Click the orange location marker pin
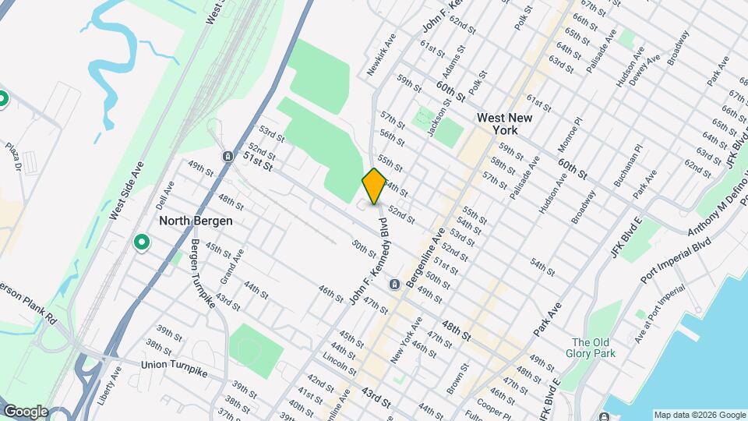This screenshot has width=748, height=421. tap(374, 186)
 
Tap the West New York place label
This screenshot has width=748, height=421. tap(499, 124)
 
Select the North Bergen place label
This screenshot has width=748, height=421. tap(196, 221)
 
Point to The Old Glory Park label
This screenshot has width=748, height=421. tap(594, 348)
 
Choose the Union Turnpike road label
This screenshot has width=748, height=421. tap(175, 365)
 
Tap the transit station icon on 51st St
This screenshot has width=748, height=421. tap(227, 156)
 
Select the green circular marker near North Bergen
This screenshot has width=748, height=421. tap(142, 243)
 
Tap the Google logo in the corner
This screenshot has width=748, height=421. tap(25, 412)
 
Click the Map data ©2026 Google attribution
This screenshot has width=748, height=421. tap(700, 415)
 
